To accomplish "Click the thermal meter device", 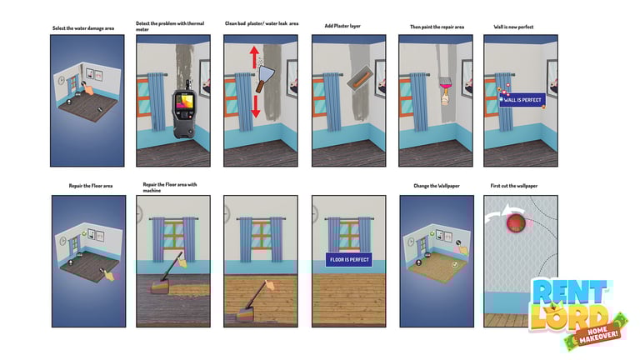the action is (x=184, y=110).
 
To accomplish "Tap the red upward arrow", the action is (x=254, y=57).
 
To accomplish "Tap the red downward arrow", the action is (x=256, y=106).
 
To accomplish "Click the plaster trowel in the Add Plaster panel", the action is (x=360, y=80).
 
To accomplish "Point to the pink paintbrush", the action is (x=445, y=90).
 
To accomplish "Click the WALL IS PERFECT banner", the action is (x=522, y=100).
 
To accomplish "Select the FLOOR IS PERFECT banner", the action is (x=349, y=260).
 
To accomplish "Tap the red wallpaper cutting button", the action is (x=516, y=222).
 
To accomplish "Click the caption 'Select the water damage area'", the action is (x=83, y=28).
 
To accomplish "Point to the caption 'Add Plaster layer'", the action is (x=342, y=26).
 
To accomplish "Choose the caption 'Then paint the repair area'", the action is (x=437, y=27).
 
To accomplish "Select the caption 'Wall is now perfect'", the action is (x=513, y=27).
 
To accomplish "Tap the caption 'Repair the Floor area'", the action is (x=91, y=186).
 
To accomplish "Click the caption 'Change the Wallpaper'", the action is (x=437, y=186).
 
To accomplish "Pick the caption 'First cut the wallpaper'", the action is (x=514, y=186).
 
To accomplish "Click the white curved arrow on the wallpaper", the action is (x=500, y=212).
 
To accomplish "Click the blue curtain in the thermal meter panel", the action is (x=157, y=102).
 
